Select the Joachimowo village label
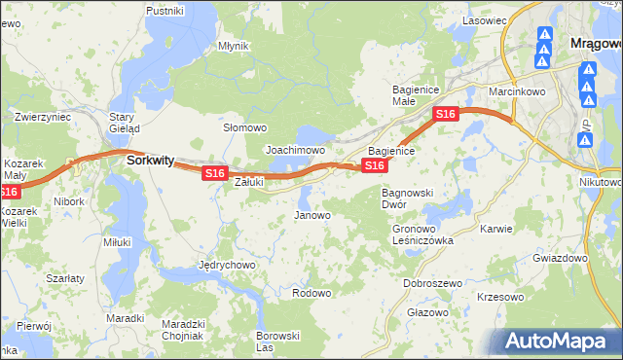pyautogui.click(x=295, y=151)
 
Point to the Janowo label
pyautogui.click(x=312, y=215)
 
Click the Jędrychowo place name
pyautogui.click(x=226, y=265)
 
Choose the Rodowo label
pyautogui.click(x=311, y=293)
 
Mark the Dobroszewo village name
pyautogui.click(x=432, y=283)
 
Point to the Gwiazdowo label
pyautogui.click(x=561, y=259)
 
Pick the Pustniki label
pyautogui.click(x=165, y=11)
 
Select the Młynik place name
pyautogui.click(x=234, y=46)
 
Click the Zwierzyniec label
pyautogui.click(x=43, y=117)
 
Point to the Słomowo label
pyautogui.click(x=245, y=127)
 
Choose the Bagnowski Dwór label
pyautogui.click(x=407, y=198)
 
